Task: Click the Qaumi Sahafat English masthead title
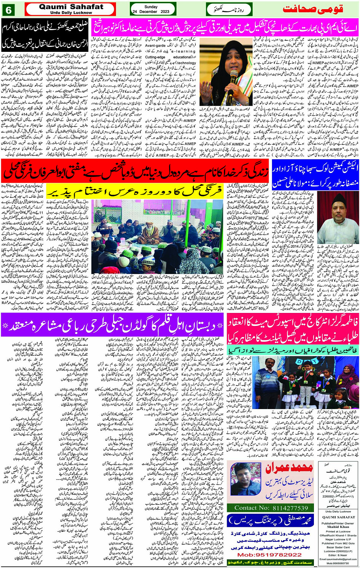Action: [x=71, y=7]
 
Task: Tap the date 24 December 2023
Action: [x=151, y=12]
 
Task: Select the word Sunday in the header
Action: [x=151, y=7]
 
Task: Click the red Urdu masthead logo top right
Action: [x=319, y=8]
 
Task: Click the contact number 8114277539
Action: [x=271, y=508]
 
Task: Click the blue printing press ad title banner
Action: [x=270, y=521]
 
